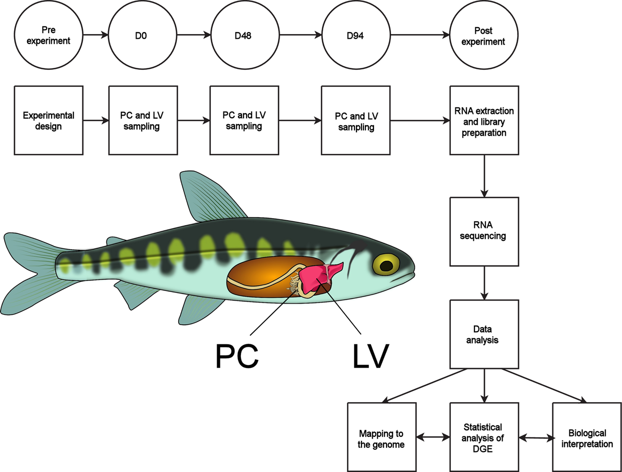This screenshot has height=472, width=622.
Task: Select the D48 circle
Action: (x=244, y=35)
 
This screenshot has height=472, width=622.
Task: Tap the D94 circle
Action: (x=355, y=35)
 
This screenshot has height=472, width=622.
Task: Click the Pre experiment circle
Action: (x=49, y=35)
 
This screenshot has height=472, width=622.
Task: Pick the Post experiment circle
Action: (x=484, y=35)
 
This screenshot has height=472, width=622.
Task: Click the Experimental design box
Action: (x=49, y=120)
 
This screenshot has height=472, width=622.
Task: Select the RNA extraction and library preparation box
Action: (x=484, y=120)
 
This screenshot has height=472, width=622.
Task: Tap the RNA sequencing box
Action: (x=484, y=231)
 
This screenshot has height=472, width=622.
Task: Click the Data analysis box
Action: (x=484, y=334)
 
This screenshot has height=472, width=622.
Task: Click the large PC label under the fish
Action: (x=237, y=356)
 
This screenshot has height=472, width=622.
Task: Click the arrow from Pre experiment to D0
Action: (x=95, y=35)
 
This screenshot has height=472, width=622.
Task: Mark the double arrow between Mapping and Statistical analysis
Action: (x=433, y=437)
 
